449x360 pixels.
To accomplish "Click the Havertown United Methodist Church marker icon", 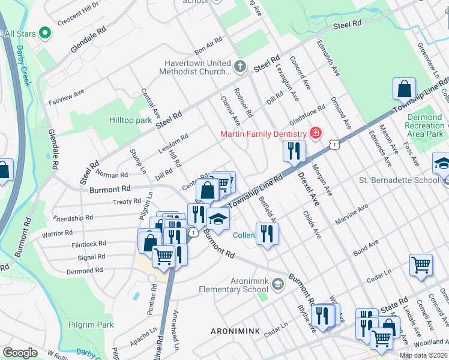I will (240, 67).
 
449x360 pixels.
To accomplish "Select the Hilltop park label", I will (130, 120).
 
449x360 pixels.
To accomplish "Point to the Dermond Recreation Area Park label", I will (425, 125).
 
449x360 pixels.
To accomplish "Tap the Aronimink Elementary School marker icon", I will (277, 284).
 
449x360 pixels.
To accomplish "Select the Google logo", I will (20, 353).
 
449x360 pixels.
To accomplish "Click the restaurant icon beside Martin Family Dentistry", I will (293, 150).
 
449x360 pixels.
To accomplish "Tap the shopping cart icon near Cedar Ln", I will (421, 264).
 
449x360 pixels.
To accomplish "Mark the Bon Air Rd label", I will (208, 46).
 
